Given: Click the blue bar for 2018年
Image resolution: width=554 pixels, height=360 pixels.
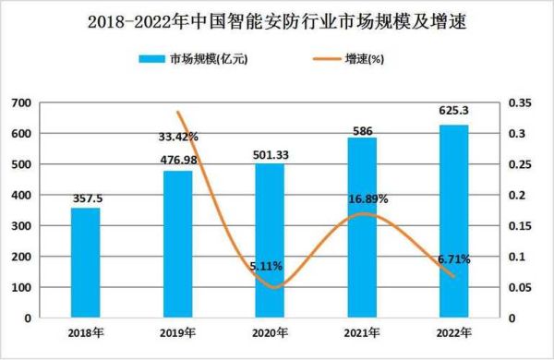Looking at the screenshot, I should [86, 263].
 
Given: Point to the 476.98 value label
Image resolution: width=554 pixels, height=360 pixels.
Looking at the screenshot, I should [178, 162].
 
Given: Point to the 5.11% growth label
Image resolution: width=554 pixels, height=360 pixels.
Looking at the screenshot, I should [268, 267].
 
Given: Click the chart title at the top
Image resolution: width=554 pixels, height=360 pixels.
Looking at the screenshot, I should [276, 21].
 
